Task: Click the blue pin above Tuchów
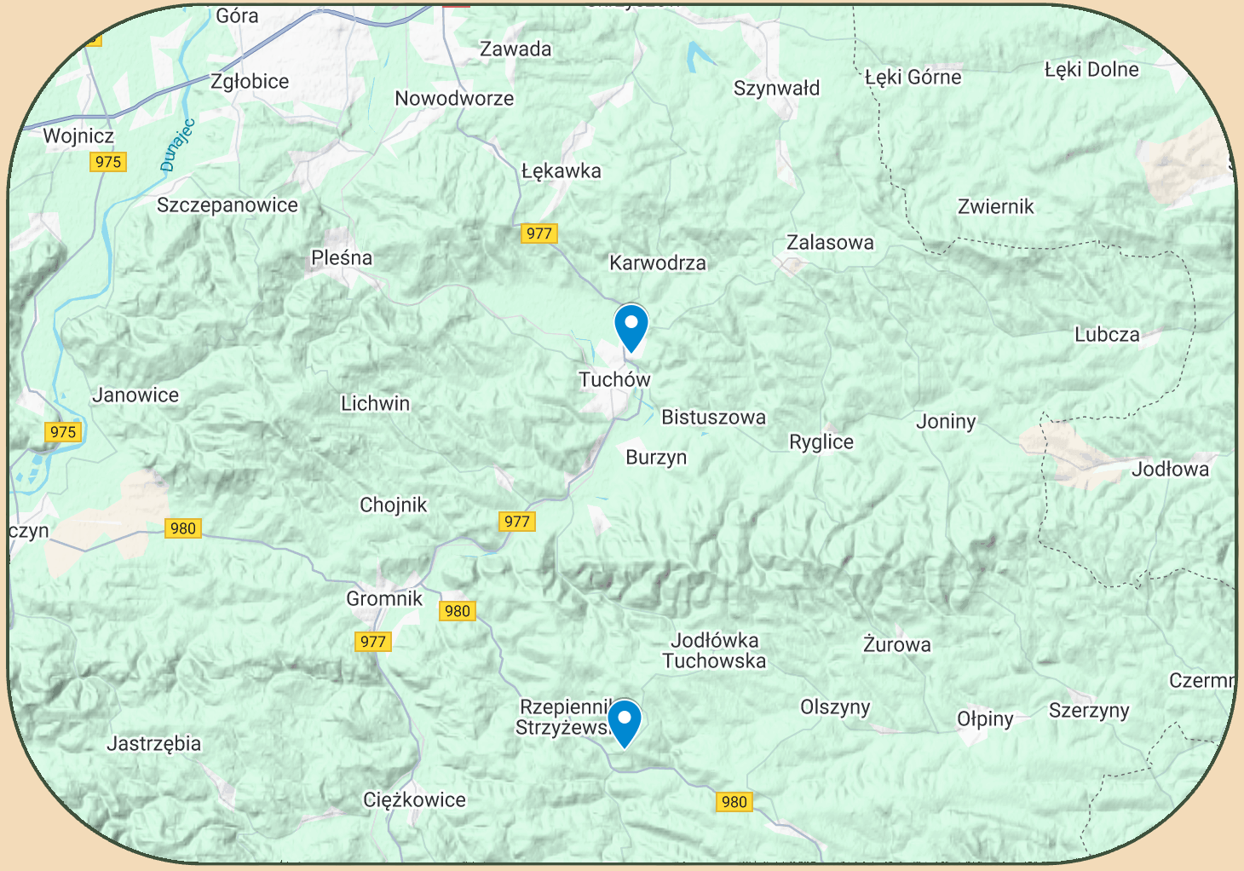(631, 326)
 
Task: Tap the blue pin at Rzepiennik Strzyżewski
(625, 722)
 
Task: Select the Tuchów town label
(614, 380)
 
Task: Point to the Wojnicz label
(78, 136)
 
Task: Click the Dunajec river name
(178, 145)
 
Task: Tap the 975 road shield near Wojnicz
(108, 162)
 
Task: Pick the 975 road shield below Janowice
(63, 432)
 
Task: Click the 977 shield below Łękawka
(539, 234)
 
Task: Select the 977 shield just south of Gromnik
(373, 642)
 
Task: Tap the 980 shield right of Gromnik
(458, 611)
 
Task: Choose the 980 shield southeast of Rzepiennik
(734, 802)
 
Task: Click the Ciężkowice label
(414, 800)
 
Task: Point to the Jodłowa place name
(1170, 470)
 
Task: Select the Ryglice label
(821, 442)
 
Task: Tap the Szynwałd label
(776, 89)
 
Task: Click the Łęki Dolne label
(1091, 70)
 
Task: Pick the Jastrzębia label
(154, 744)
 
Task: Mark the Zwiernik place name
(995, 207)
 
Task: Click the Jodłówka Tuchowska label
(714, 650)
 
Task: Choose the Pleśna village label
(342, 258)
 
